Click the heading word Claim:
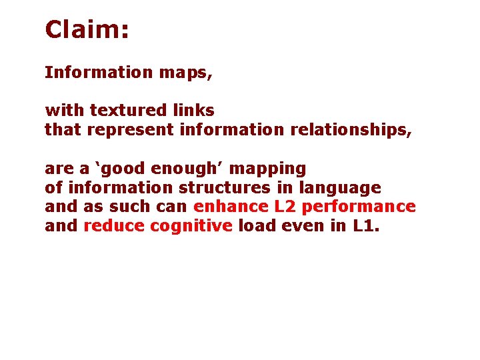(86, 29)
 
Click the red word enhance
(223, 207)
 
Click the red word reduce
(114, 226)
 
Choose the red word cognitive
(191, 226)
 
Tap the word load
(254, 226)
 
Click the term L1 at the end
(364, 226)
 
